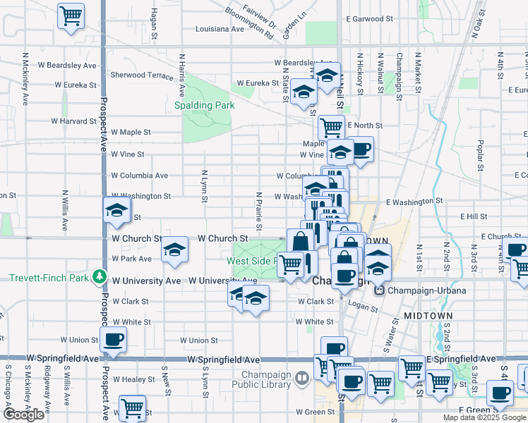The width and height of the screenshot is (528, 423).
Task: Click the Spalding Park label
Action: tap(204, 106)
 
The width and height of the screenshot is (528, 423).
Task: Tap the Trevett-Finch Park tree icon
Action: tap(102, 277)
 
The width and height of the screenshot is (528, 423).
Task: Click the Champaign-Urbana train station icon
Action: tap(379, 290)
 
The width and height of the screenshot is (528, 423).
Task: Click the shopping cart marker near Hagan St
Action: tap(71, 15)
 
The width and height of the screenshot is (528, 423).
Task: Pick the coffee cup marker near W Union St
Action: tap(113, 340)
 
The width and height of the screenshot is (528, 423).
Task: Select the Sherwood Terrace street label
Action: tap(142, 75)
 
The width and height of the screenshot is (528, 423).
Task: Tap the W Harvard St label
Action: tap(73, 121)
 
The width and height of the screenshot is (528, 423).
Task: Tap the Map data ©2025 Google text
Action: tap(484, 417)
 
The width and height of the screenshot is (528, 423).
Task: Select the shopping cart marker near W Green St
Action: tap(132, 407)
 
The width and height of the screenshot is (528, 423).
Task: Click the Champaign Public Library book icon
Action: tap(302, 379)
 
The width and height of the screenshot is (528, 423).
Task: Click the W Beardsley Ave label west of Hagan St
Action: tap(69, 66)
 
